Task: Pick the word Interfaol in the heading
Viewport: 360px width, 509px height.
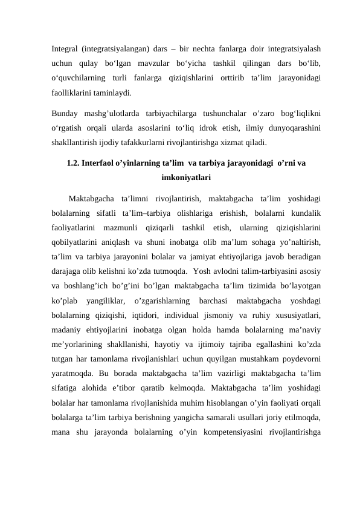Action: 100,163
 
